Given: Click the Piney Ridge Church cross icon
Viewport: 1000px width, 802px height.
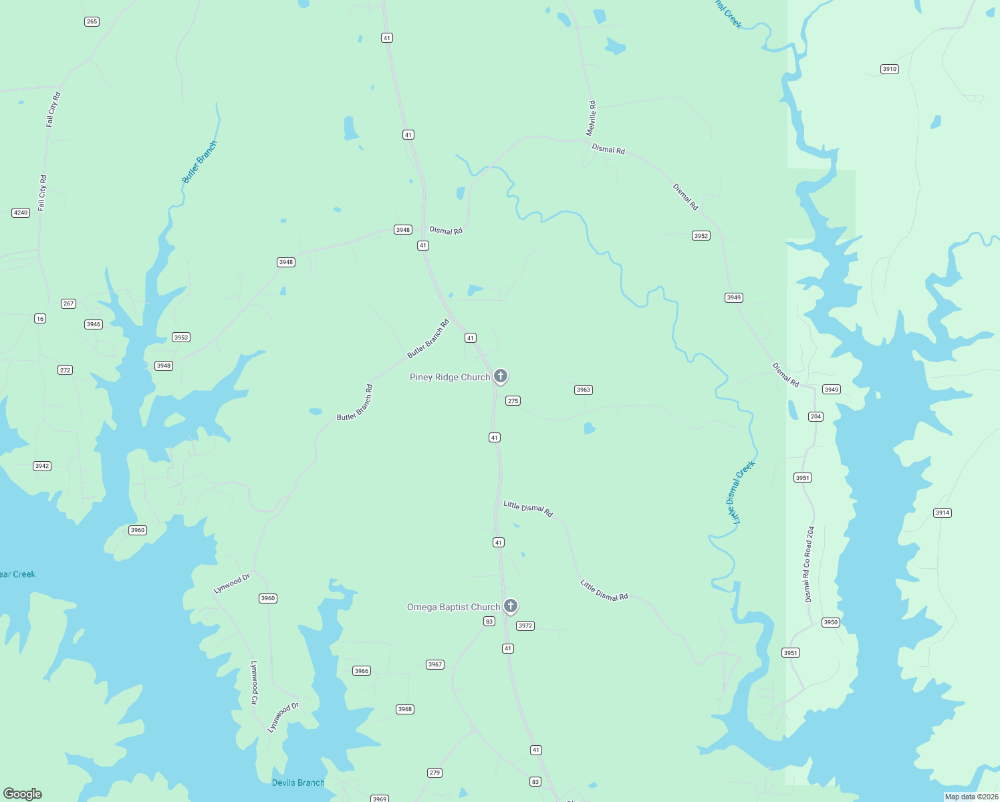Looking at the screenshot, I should coord(500,376).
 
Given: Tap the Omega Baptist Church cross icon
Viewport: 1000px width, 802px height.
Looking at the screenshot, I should coord(510,606).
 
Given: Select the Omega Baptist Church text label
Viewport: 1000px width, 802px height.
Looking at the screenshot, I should coord(453,607).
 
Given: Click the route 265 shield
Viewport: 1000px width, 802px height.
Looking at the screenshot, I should coord(92,21).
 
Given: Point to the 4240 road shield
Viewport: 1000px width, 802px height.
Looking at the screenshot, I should coord(21,213).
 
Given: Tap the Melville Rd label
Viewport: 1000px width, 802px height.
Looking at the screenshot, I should coord(591,118).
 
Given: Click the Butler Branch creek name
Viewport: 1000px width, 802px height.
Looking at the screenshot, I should coord(200,162).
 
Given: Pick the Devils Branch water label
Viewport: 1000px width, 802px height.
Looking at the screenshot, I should coord(298,783).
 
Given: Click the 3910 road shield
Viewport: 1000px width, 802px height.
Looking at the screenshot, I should coord(889,69).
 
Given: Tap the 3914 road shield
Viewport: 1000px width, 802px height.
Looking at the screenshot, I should coord(942,513).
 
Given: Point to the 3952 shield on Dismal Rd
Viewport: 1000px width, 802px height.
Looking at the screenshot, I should coord(701,235).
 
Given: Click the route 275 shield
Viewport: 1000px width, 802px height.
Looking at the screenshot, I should coord(513,400).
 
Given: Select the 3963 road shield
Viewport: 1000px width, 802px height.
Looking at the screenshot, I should coord(583,390).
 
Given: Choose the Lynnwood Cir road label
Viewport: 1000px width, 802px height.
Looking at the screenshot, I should coord(254,682).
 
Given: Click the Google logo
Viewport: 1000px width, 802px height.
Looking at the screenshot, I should coord(23,794).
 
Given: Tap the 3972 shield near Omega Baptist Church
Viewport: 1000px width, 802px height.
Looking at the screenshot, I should coord(525,626).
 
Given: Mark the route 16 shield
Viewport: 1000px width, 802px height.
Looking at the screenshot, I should coord(40,318).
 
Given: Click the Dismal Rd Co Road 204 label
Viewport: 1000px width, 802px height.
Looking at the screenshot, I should coord(809,564).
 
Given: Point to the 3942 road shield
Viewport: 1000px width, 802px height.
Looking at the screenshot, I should coord(42,466).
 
